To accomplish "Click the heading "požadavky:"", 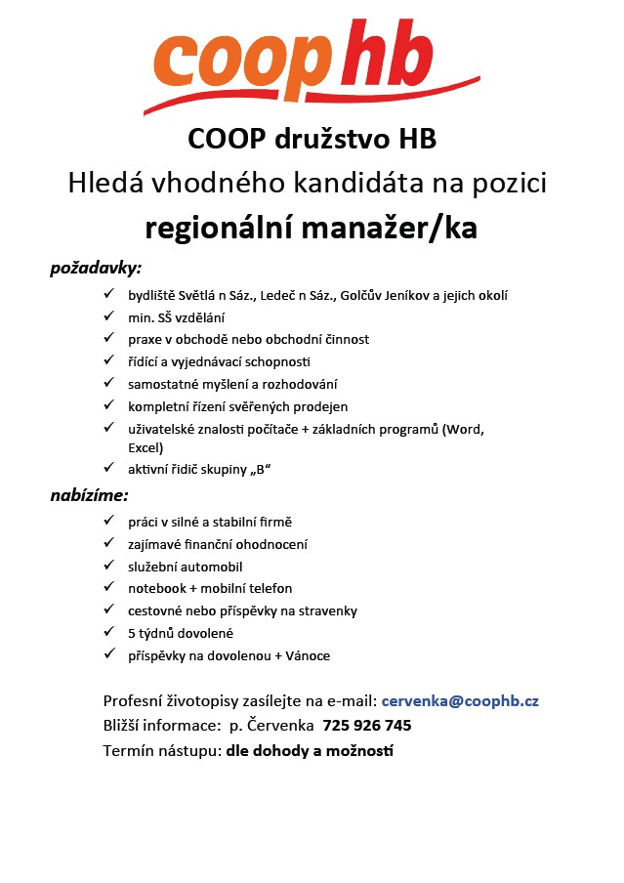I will [x=96, y=266].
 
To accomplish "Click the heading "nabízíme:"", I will [x=90, y=495].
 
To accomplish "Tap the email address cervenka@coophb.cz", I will [x=460, y=700].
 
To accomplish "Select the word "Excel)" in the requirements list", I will [x=146, y=446].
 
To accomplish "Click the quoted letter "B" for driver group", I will [x=260, y=470].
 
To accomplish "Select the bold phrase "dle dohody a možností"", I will [x=310, y=751].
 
